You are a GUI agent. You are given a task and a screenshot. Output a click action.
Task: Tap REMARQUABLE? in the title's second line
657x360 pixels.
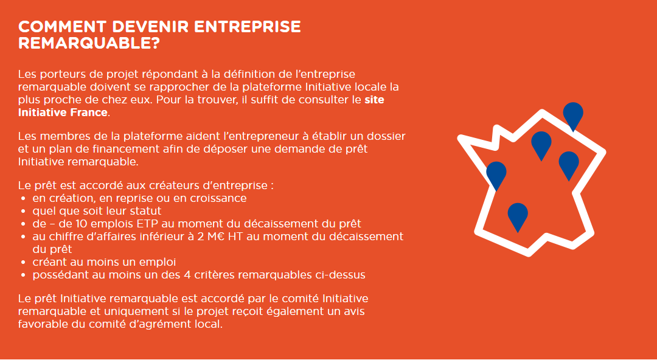coord(89,43)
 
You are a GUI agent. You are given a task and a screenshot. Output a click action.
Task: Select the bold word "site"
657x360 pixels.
coord(374,100)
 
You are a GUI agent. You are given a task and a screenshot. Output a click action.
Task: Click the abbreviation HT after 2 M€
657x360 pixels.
coord(235,237)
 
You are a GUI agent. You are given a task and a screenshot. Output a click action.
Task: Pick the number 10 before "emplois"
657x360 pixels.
coord(84,223)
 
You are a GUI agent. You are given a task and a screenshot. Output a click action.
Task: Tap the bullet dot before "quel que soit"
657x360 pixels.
coord(24,211)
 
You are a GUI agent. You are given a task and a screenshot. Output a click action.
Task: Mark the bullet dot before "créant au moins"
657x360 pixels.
coord(24,263)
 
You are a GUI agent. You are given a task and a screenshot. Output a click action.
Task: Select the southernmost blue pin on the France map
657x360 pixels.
coord(518,216)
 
